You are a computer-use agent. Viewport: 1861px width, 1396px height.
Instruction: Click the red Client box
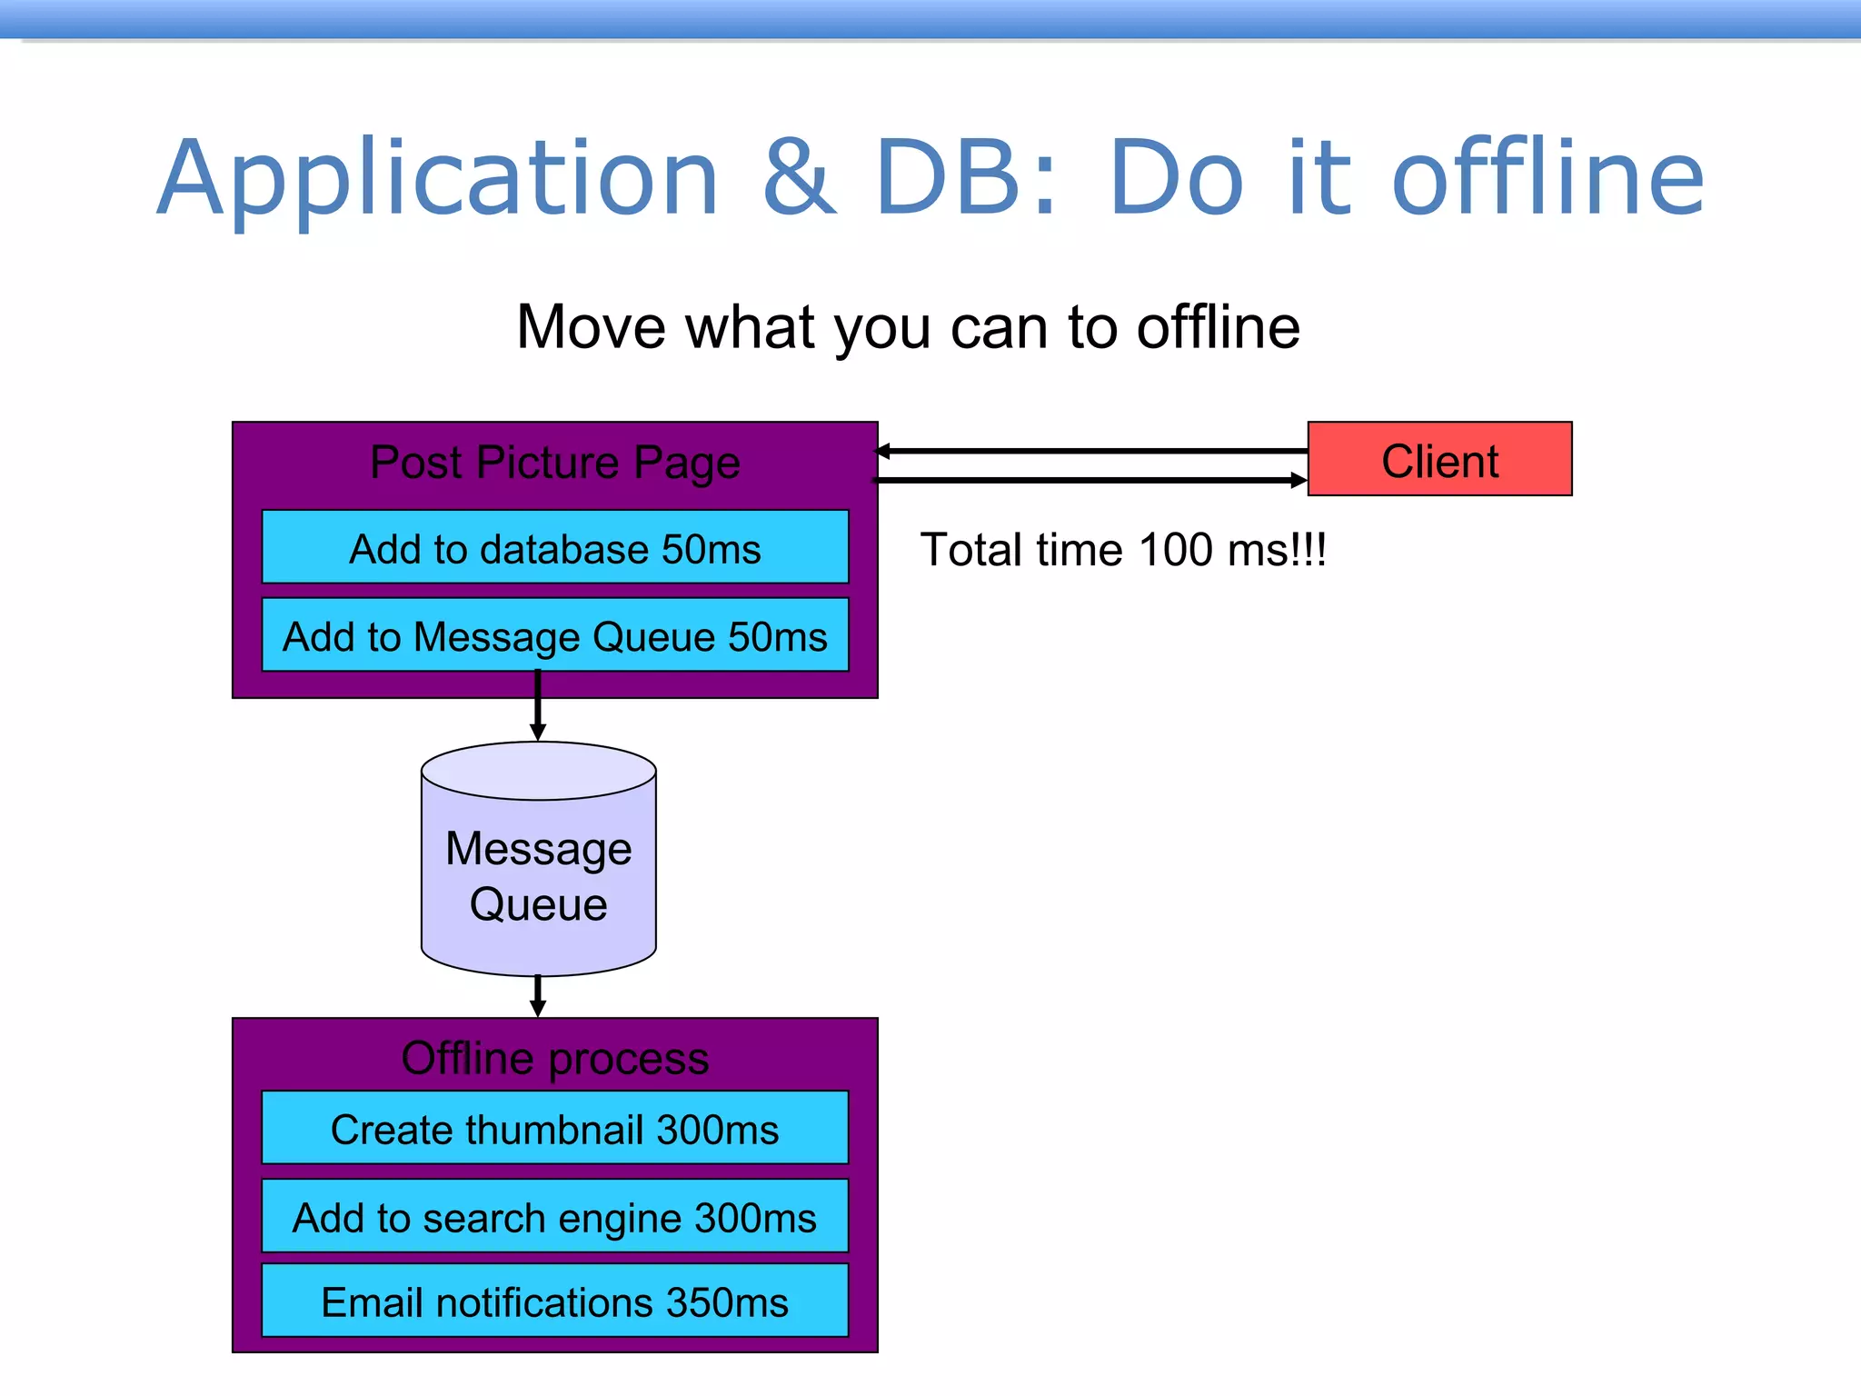pyautogui.click(x=1439, y=459)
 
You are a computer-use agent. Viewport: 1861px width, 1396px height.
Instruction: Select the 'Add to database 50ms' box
pyautogui.click(x=554, y=547)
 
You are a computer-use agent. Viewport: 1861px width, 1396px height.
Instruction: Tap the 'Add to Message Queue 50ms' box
pyautogui.click(x=554, y=635)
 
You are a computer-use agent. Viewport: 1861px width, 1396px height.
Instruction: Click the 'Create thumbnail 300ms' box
pyautogui.click(x=554, y=1129)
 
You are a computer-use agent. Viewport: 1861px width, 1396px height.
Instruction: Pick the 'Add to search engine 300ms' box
pyautogui.click(x=554, y=1217)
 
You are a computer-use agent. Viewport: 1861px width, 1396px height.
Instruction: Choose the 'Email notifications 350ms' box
pyautogui.click(x=554, y=1301)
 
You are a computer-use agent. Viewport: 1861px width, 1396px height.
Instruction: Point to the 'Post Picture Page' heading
pyautogui.click(x=554, y=463)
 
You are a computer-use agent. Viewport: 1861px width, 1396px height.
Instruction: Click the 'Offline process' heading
pyautogui.click(x=554, y=1058)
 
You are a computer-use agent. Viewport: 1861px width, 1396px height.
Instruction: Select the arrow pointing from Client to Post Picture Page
pyautogui.click(x=1090, y=451)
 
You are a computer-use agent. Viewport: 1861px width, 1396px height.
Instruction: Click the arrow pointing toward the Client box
pyautogui.click(x=1090, y=480)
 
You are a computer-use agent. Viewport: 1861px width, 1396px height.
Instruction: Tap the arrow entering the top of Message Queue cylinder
pyautogui.click(x=538, y=706)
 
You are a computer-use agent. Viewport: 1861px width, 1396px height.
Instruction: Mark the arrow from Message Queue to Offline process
pyautogui.click(x=538, y=996)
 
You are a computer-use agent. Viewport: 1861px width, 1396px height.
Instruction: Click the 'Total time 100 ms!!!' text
pyautogui.click(x=1123, y=550)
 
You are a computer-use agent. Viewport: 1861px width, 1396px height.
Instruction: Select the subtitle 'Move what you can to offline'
pyautogui.click(x=908, y=327)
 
